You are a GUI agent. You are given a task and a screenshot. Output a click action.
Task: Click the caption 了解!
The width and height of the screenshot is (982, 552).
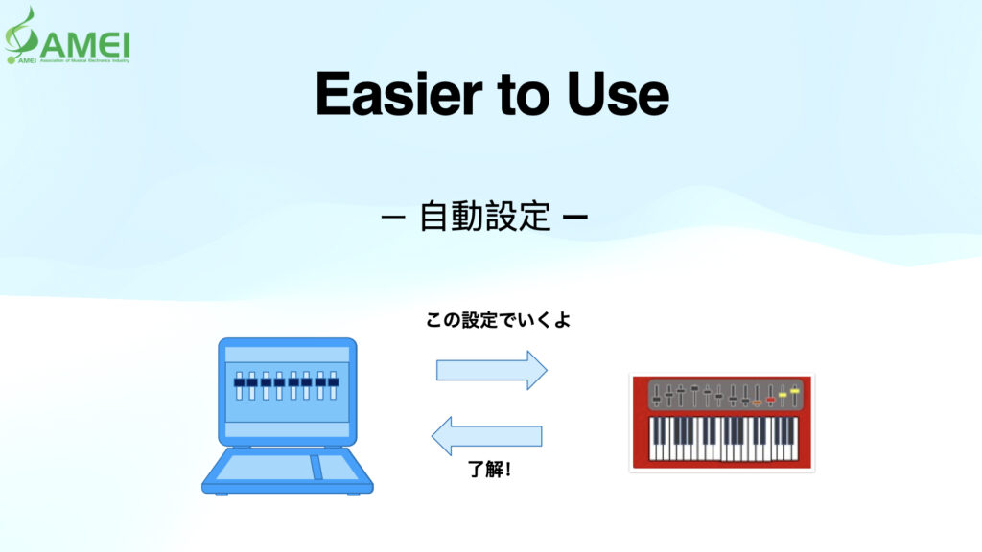[x=489, y=470]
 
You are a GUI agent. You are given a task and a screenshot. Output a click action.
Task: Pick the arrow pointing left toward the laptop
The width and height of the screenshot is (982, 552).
[x=487, y=436]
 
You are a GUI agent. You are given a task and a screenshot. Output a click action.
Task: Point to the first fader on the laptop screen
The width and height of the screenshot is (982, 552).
[x=240, y=385]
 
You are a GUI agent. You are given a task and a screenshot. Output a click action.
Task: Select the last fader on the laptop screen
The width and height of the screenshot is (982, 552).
[x=334, y=385]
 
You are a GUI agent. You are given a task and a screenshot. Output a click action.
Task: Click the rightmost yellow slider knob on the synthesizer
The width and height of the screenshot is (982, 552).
[x=795, y=391]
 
